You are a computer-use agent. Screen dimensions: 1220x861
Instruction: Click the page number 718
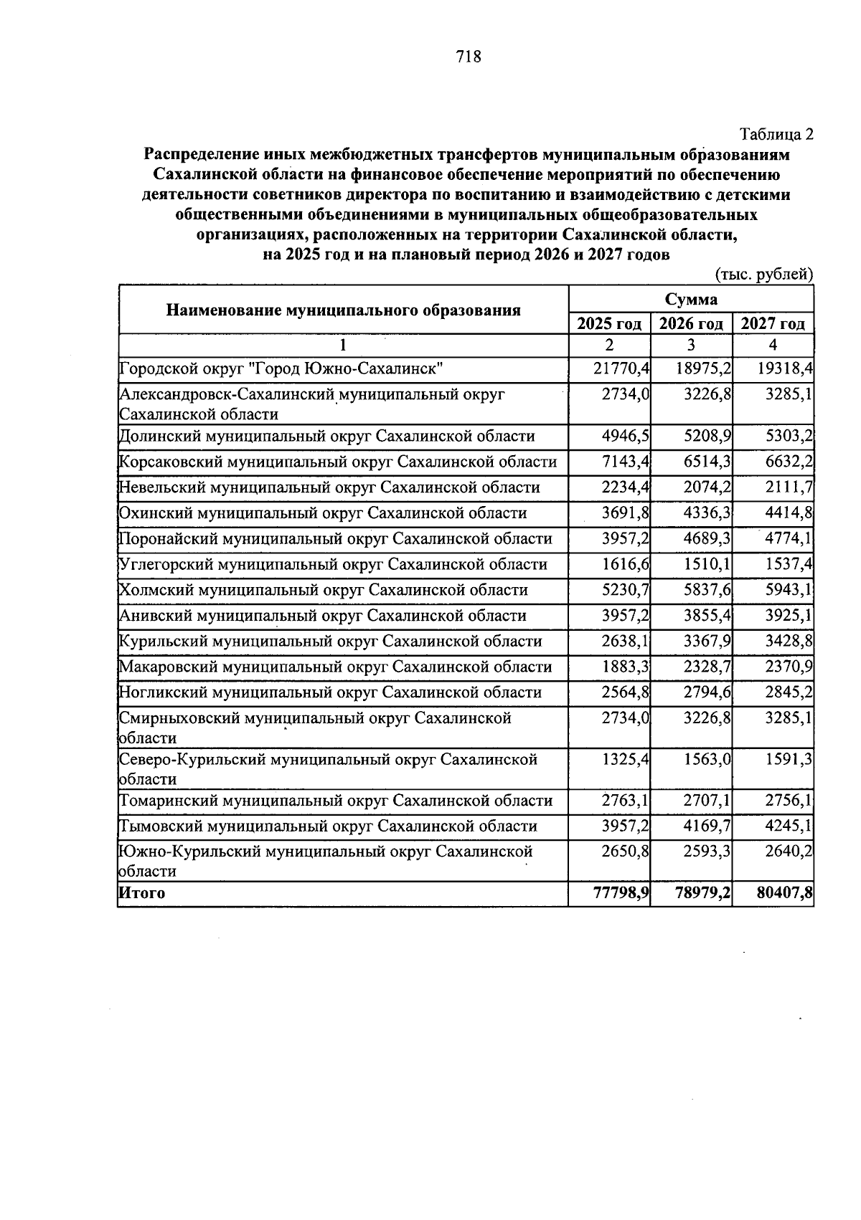(469, 57)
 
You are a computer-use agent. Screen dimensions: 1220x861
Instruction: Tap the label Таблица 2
(777, 134)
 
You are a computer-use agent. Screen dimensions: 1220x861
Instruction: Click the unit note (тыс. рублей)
(764, 274)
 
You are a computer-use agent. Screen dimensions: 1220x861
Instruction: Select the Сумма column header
(690, 299)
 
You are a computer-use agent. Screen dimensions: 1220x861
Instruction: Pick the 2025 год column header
(609, 324)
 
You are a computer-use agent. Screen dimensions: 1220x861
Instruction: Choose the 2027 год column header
(773, 324)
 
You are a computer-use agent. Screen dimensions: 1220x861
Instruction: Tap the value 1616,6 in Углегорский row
(625, 564)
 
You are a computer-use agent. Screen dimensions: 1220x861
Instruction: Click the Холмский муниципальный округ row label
(323, 590)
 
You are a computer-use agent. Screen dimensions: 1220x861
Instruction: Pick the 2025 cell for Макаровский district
(625, 667)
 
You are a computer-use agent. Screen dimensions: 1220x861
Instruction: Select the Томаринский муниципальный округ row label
(335, 801)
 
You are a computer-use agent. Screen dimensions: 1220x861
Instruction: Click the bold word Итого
(142, 893)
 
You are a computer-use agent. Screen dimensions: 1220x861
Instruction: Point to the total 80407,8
(784, 893)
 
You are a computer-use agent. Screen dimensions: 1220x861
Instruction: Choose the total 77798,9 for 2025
(621, 893)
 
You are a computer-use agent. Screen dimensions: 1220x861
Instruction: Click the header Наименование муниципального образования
(343, 310)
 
